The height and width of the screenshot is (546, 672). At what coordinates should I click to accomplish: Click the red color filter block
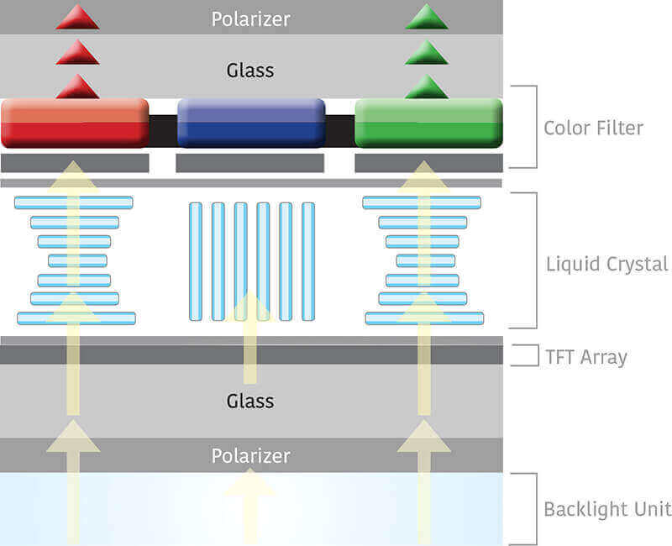click(x=75, y=123)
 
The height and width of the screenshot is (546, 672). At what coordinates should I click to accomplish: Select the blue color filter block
click(x=251, y=123)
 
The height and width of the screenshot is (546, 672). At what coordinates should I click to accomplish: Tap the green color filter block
click(x=428, y=123)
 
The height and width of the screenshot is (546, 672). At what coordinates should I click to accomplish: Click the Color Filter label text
click(x=593, y=129)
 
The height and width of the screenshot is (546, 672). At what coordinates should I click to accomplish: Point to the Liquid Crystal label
click(x=606, y=264)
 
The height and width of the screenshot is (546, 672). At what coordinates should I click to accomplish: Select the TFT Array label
click(x=586, y=356)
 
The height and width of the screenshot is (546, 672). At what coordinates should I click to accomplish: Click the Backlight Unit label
click(x=606, y=509)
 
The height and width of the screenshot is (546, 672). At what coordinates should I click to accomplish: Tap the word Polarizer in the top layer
click(x=250, y=18)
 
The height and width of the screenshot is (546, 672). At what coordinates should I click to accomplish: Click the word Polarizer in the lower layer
click(x=250, y=456)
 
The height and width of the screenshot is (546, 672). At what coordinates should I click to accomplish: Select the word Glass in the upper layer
click(x=250, y=71)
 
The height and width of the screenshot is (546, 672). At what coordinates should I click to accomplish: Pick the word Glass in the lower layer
click(x=250, y=401)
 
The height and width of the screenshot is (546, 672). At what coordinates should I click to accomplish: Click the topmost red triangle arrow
click(x=77, y=18)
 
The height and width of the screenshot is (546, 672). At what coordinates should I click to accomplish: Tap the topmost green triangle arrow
click(x=427, y=18)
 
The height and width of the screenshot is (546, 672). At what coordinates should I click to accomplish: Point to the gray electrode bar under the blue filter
click(x=249, y=163)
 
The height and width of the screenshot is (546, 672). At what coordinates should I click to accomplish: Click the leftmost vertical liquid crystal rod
click(x=196, y=261)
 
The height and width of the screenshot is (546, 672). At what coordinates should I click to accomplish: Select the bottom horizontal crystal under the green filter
click(x=424, y=318)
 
